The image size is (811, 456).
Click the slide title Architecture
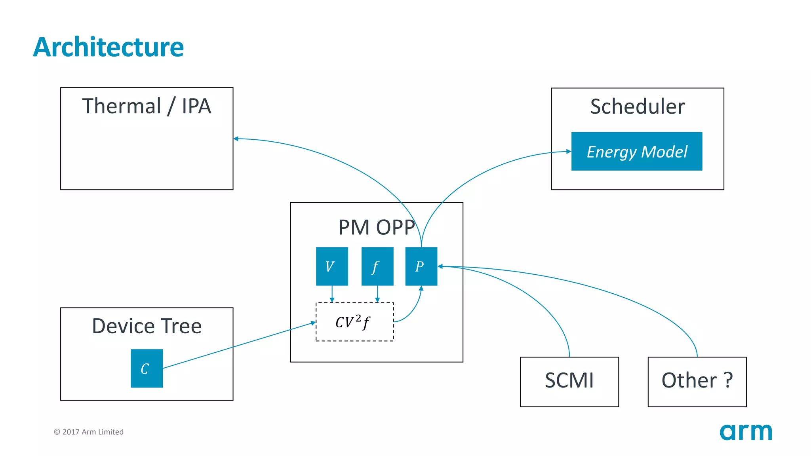tap(108, 47)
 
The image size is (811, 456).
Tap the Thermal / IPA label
tap(147, 106)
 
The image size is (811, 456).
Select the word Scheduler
tap(637, 106)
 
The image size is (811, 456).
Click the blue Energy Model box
tap(636, 151)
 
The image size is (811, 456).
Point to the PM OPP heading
tap(376, 227)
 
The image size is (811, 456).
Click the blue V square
tap(332, 266)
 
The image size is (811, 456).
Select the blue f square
tap(377, 266)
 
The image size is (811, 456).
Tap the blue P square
tap(421, 266)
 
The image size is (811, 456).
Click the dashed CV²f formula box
tap(354, 322)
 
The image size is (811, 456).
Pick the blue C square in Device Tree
tap(147, 368)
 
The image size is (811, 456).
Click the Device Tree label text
tap(147, 326)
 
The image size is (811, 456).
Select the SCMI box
tap(569, 382)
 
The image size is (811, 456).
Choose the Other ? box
tap(697, 382)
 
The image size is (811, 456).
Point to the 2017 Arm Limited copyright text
tap(89, 432)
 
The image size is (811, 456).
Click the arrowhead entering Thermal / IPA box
tap(236, 139)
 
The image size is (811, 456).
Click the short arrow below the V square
tap(332, 294)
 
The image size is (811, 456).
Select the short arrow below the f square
tap(377, 294)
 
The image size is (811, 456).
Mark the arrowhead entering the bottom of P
tap(421, 289)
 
